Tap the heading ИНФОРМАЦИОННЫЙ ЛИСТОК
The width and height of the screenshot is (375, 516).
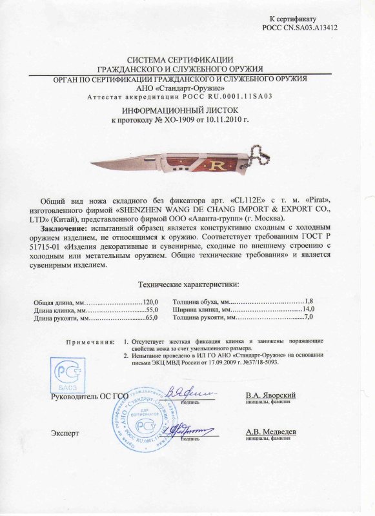(187, 112)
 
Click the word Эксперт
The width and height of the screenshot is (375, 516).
(64, 433)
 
